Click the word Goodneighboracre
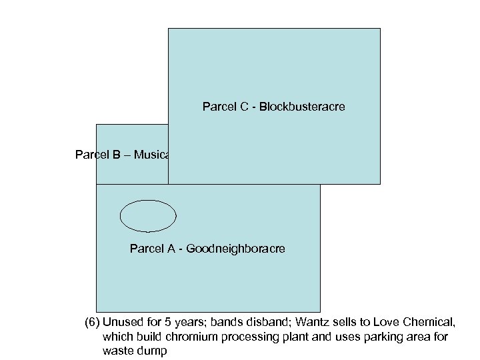pos(235,249)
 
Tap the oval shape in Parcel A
pos(148,215)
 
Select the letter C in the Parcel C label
pos(243,107)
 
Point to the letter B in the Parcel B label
pos(116,155)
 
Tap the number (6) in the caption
pos(93,323)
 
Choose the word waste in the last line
pos(117,351)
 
